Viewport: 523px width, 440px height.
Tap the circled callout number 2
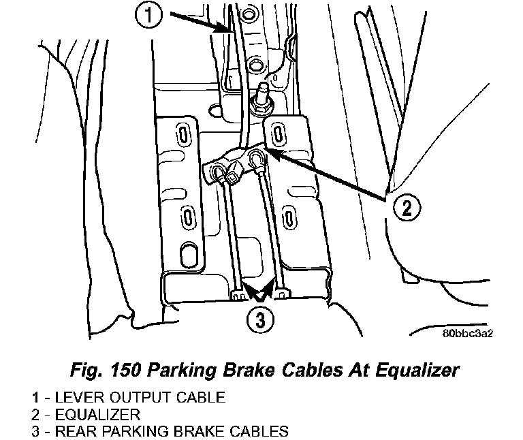click(x=405, y=206)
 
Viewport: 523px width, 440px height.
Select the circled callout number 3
click(x=256, y=319)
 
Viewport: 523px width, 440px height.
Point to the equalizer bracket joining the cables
click(x=238, y=164)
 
